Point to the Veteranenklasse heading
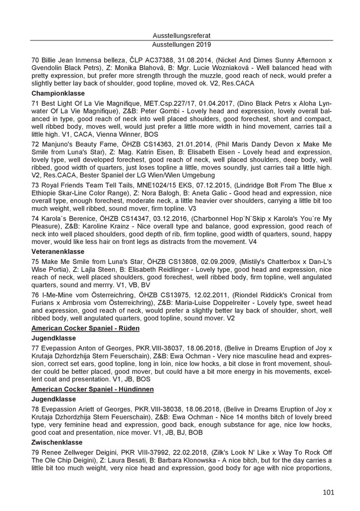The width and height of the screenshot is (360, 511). tap(57, 252)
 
